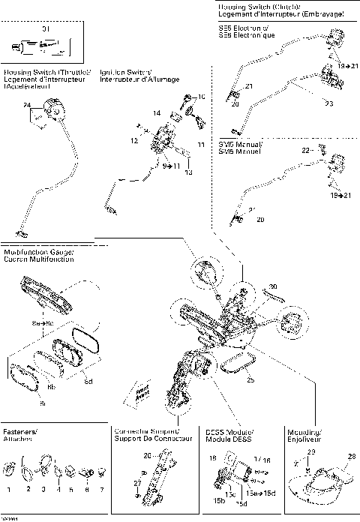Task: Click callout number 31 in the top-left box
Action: click(x=44, y=29)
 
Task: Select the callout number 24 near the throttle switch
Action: click(x=28, y=106)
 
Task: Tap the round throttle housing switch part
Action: click(x=53, y=111)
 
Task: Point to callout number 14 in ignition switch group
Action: click(x=157, y=112)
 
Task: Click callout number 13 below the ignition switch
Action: click(x=189, y=172)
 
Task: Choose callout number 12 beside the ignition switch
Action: click(x=133, y=141)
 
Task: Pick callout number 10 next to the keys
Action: click(x=200, y=97)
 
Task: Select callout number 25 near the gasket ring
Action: click(x=250, y=379)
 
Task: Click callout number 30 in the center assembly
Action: click(x=273, y=286)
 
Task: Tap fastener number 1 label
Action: click(x=8, y=490)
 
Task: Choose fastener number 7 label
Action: click(x=100, y=490)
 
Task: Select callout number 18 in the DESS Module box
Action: click(x=212, y=457)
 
